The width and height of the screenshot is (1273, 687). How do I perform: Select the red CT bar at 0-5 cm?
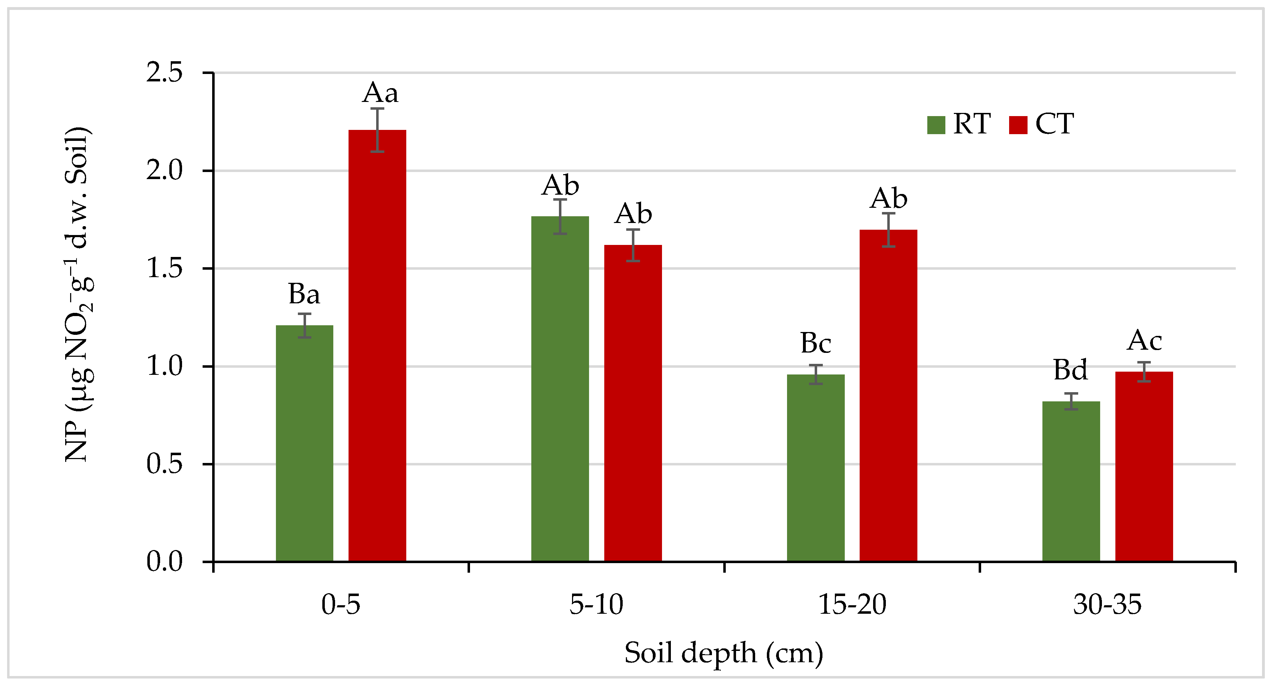click(x=377, y=346)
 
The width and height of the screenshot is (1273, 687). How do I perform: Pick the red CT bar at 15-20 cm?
click(x=888, y=395)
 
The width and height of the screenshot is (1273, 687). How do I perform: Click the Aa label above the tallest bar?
click(x=380, y=93)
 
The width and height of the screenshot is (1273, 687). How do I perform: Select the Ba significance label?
click(x=304, y=294)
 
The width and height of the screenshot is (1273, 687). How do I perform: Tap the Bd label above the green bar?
click(x=1070, y=370)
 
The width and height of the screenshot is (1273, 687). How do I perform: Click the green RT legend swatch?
click(x=935, y=125)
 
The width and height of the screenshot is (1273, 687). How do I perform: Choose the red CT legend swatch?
click(x=1018, y=125)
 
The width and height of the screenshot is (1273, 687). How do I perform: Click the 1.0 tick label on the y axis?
click(x=165, y=366)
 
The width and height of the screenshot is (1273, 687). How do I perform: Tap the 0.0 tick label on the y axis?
click(x=165, y=562)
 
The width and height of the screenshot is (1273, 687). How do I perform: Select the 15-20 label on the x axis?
click(x=852, y=605)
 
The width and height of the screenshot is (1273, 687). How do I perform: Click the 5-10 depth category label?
click(x=596, y=605)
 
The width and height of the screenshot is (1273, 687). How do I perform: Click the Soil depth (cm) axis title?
click(x=724, y=653)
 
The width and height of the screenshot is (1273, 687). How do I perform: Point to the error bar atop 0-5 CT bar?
click(x=377, y=130)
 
